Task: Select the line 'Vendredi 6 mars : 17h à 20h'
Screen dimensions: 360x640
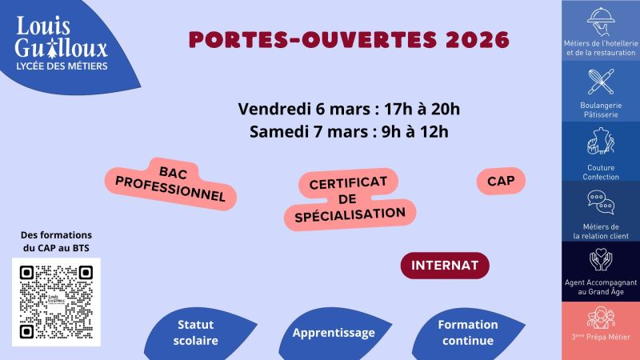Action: coord(350,109)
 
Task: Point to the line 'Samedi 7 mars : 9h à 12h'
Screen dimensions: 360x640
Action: coord(350,130)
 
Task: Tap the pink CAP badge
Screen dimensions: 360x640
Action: coord(501,182)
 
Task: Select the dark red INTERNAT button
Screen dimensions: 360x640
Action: coord(445,265)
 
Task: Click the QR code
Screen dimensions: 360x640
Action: coord(56,302)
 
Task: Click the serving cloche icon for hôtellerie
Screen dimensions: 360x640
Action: coord(600,19)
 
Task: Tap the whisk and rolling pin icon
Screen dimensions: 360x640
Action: coord(600,81)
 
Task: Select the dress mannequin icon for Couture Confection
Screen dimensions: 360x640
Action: coord(600,142)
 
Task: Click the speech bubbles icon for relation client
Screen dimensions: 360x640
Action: coord(600,203)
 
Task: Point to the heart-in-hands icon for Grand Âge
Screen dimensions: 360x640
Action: coord(600,261)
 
